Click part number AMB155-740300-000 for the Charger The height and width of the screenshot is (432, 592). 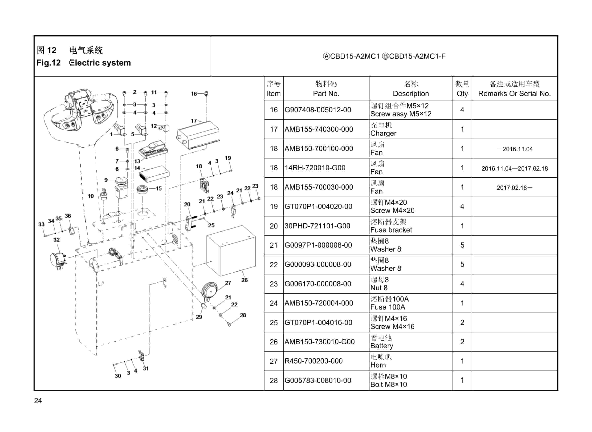click(318, 129)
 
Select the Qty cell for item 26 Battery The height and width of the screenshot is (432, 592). click(462, 342)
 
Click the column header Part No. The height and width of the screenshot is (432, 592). click(326, 94)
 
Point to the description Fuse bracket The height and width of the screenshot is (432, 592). click(391, 230)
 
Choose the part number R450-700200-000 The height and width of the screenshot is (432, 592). click(313, 361)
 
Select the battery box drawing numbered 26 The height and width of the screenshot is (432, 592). click(231, 251)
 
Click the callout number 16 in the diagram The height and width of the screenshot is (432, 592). click(194, 94)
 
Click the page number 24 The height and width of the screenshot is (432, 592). click(38, 401)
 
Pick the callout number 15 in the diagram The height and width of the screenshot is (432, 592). click(159, 189)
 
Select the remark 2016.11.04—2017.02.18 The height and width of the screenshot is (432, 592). click(514, 168)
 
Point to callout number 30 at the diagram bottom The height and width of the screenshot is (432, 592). click(118, 376)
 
